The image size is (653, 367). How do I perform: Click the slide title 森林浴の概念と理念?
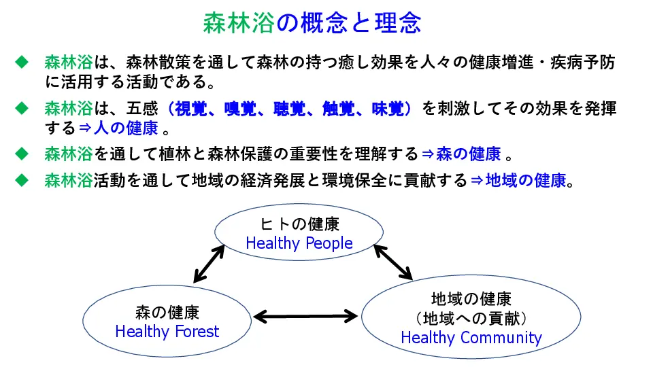[312, 22]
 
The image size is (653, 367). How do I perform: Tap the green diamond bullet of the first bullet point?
[21, 63]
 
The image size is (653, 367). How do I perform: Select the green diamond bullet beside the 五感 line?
[21, 109]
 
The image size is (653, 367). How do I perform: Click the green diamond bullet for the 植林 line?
[21, 154]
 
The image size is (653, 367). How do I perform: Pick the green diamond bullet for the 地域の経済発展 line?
[21, 180]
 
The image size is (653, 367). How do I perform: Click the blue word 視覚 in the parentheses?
[190, 109]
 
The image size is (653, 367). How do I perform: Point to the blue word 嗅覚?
[240, 109]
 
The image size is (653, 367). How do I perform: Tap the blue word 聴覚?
[290, 109]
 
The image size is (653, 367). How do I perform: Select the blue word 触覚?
[339, 109]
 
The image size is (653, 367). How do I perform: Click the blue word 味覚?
[388, 109]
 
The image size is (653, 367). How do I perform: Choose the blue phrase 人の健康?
[126, 128]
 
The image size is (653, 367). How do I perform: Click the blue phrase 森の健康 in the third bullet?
[469, 154]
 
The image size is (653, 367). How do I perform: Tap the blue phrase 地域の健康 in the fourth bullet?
[526, 180]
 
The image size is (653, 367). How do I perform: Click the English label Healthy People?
[299, 243]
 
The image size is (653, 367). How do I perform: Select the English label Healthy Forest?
[167, 331]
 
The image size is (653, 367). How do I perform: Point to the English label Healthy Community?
[471, 338]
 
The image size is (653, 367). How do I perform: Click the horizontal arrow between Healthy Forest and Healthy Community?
[305, 317]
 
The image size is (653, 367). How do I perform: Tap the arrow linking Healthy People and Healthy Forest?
[209, 264]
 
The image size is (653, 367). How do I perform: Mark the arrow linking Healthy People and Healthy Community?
[393, 262]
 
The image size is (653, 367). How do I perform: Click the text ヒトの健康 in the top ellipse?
[299, 224]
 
